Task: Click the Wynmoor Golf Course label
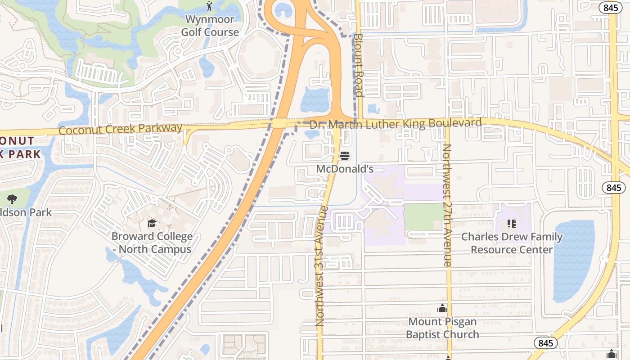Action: [x=210, y=26]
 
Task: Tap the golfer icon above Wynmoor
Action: [x=209, y=6]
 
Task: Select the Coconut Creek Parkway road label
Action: [x=121, y=129]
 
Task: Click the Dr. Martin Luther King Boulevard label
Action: [x=396, y=124]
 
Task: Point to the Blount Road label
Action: [x=358, y=65]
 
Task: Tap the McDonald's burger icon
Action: [x=345, y=156]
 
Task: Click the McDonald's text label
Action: [x=345, y=169]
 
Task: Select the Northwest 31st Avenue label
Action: [x=320, y=265]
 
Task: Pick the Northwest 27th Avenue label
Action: [x=447, y=205]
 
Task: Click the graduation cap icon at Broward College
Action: [x=152, y=223]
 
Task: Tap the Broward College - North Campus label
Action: [x=152, y=243]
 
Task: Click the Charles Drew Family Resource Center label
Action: [x=512, y=243]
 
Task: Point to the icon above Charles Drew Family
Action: [x=511, y=223]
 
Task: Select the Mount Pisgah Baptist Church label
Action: [x=442, y=328]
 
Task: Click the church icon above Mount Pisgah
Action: [x=442, y=309]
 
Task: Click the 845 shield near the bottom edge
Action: [x=545, y=343]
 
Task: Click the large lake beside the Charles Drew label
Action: [x=573, y=261]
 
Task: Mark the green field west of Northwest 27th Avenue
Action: [x=424, y=217]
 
